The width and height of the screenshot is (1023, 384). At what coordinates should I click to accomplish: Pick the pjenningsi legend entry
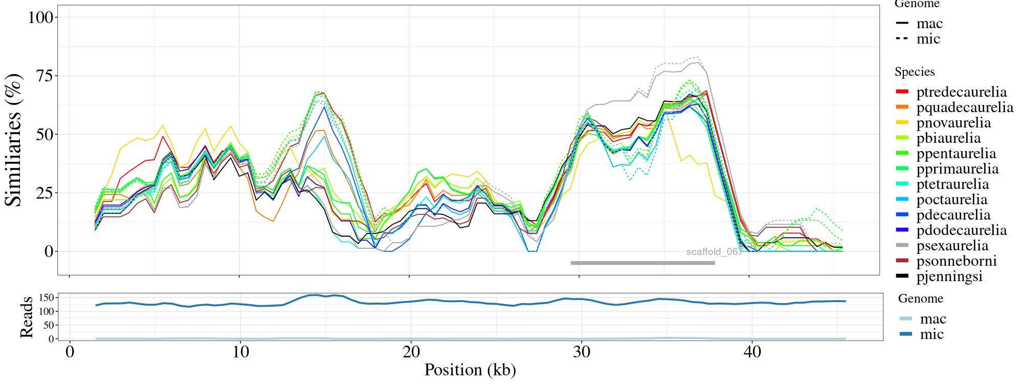coord(949,276)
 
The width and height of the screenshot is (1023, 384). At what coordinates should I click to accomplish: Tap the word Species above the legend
coord(915,72)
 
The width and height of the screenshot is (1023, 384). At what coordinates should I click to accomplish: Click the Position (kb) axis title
coord(470,370)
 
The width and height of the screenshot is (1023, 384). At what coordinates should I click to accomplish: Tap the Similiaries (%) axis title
coord(14,139)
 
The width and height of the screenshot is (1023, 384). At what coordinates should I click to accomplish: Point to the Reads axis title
coord(26,317)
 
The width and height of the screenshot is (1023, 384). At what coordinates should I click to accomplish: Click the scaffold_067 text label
coord(714,252)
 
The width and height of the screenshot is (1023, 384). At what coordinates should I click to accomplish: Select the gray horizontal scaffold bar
coord(642,263)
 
